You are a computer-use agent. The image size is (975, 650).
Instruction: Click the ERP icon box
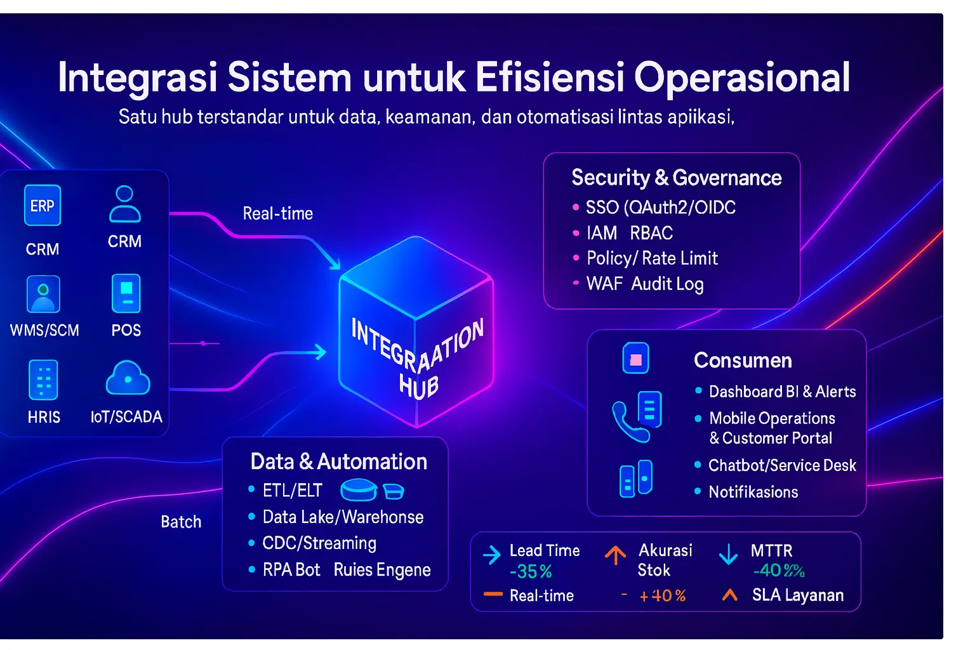click(x=43, y=206)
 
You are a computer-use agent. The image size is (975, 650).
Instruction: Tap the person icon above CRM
click(x=124, y=204)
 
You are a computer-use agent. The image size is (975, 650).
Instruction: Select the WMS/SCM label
click(x=44, y=330)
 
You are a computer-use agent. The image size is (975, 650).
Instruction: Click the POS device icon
click(x=126, y=293)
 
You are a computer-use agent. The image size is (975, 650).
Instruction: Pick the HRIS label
click(x=44, y=417)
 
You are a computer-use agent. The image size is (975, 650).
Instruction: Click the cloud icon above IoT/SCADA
click(x=128, y=378)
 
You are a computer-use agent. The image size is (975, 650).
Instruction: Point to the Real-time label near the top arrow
click(x=278, y=214)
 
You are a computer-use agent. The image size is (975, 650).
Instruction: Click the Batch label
click(x=181, y=522)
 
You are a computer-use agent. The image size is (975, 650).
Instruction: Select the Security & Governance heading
click(x=676, y=178)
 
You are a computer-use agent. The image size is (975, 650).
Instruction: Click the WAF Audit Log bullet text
click(x=645, y=284)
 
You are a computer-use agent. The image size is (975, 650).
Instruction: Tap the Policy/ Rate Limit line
click(x=652, y=258)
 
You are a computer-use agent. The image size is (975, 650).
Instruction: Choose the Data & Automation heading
click(x=338, y=461)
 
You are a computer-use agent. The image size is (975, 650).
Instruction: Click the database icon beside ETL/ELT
click(x=359, y=490)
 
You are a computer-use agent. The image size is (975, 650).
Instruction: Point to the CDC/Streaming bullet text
click(x=319, y=543)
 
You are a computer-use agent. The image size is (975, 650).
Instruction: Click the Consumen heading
click(x=743, y=361)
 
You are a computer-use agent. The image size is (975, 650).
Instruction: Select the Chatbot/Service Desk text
click(x=782, y=465)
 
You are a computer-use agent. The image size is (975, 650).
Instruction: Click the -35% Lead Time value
click(x=531, y=572)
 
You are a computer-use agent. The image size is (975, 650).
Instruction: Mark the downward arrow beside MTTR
click(x=728, y=554)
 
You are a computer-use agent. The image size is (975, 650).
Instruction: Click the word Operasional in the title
click(x=741, y=77)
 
